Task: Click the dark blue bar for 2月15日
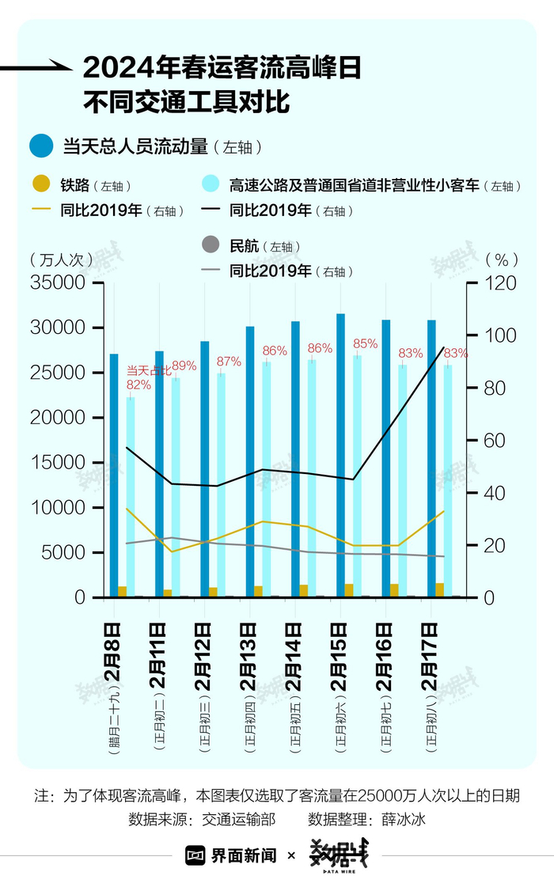click(x=341, y=455)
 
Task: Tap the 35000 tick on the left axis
click(x=56, y=283)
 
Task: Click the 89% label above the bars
click(x=184, y=366)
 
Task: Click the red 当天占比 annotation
click(x=149, y=370)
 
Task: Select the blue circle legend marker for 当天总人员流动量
click(x=41, y=146)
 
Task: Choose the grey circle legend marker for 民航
click(x=210, y=246)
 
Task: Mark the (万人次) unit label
click(x=55, y=259)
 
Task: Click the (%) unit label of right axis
click(x=501, y=259)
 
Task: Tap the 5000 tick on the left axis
click(x=63, y=553)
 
